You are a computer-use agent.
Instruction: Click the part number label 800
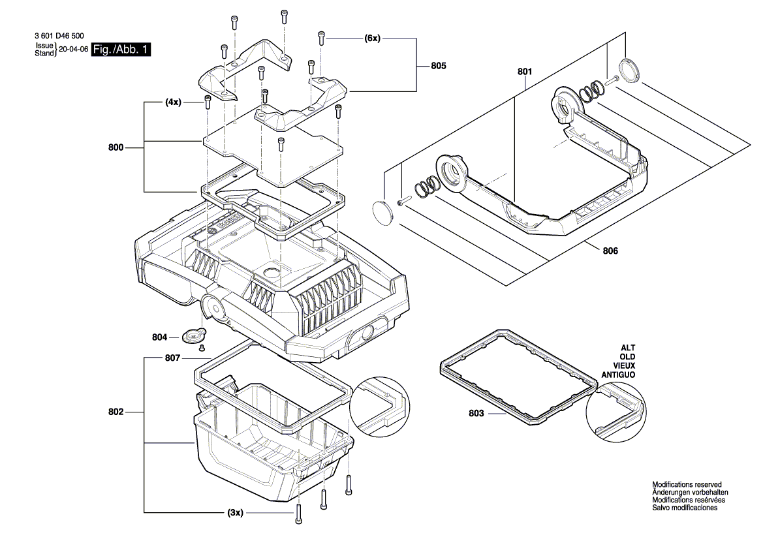point(116,148)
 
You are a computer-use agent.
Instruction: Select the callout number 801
point(525,71)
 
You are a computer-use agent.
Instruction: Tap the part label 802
point(116,412)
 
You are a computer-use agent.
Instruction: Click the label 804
point(160,337)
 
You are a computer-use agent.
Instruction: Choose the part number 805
point(439,66)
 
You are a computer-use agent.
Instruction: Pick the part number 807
point(173,358)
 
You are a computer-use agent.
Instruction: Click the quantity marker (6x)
point(372,39)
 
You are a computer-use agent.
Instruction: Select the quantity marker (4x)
point(173,102)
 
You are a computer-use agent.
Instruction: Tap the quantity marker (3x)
point(235,513)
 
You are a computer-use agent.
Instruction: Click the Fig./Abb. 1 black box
point(121,50)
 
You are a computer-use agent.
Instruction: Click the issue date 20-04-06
point(73,50)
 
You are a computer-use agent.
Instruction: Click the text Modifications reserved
point(687,484)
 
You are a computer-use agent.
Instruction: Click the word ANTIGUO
point(619,375)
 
